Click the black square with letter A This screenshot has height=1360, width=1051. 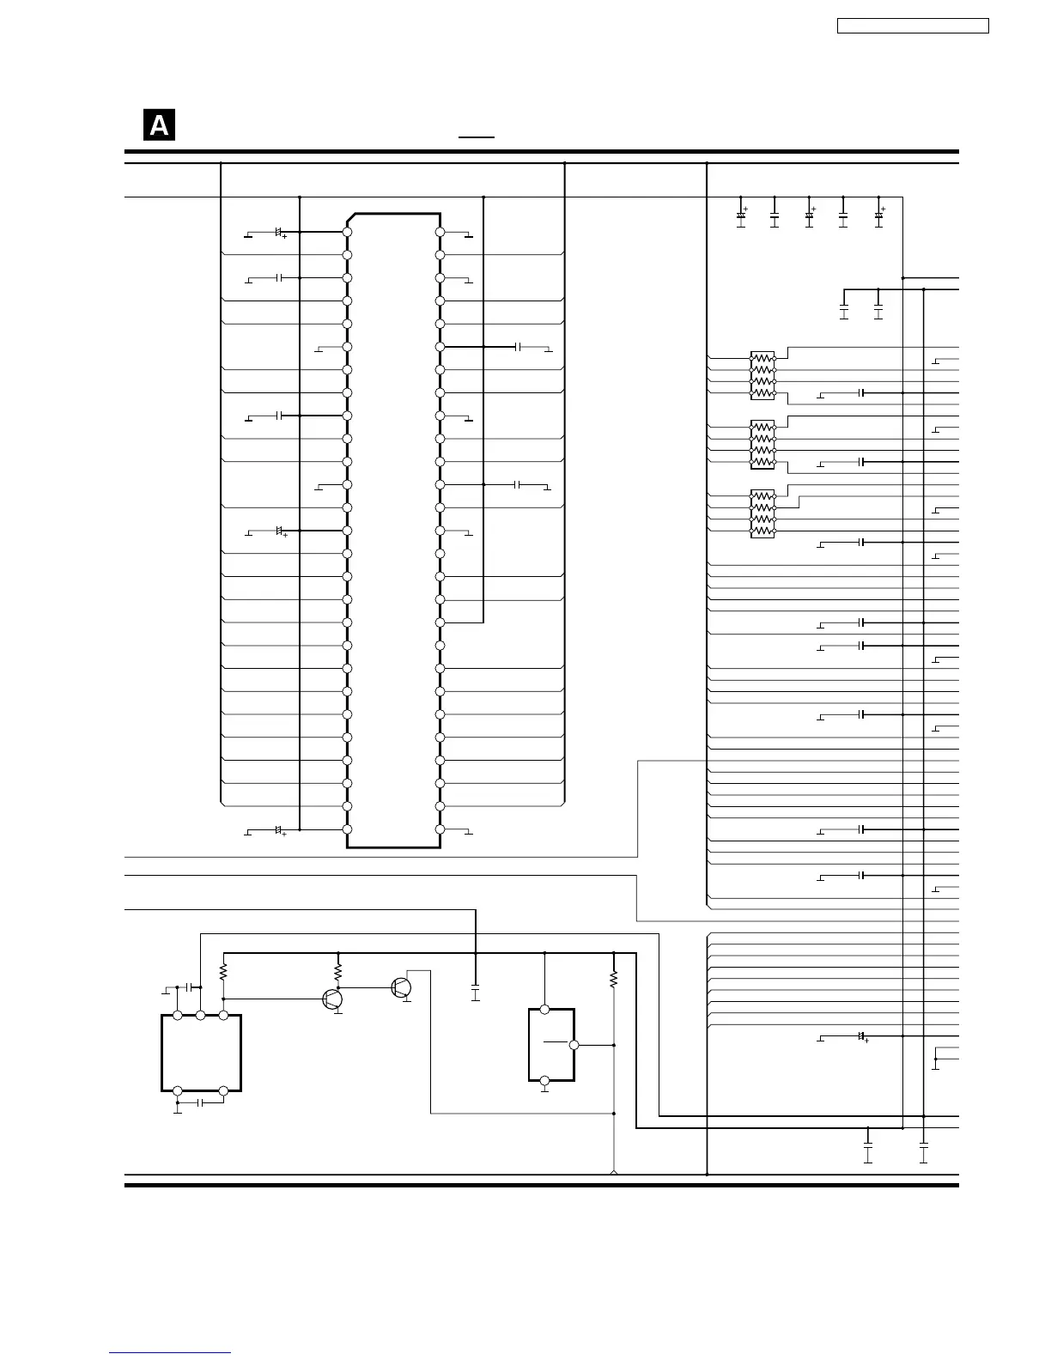159,124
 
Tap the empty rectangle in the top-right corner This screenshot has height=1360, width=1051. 913,26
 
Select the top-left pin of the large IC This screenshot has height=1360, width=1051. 348,232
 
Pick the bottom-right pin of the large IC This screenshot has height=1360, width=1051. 440,829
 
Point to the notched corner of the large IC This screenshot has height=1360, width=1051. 351,218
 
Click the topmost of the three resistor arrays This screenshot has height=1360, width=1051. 762,375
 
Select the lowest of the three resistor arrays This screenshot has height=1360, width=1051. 762,513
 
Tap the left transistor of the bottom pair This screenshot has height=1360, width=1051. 332,999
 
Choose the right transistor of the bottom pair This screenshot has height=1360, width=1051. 401,987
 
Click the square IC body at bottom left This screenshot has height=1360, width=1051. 201,1053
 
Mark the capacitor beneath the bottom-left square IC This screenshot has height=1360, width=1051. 200,1102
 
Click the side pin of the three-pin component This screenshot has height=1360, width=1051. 574,1045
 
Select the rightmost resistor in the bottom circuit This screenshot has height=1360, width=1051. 613,979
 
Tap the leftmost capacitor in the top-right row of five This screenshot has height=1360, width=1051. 741,216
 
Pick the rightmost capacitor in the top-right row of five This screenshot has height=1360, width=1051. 879,216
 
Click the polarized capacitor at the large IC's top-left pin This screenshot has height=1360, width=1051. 280,233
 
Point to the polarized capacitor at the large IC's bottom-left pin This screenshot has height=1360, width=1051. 280,830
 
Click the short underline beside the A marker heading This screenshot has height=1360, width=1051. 477,137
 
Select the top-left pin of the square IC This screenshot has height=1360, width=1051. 178,1015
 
